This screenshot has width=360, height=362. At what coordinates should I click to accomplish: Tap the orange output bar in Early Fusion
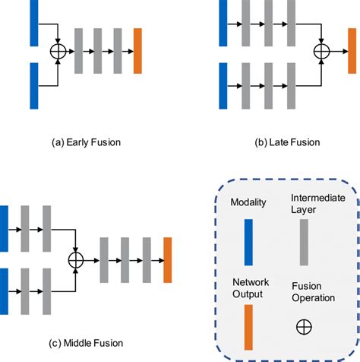coord(137,51)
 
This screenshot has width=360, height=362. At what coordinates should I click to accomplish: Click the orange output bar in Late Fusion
coord(352,51)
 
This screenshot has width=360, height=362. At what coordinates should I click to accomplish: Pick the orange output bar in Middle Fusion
coord(168,260)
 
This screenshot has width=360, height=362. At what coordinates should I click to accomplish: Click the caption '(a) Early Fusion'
coord(86,142)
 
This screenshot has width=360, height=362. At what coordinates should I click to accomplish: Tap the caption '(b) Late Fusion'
coord(287,142)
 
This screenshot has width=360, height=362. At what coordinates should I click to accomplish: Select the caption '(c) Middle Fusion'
coord(86,343)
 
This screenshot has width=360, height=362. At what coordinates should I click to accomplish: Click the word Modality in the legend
coord(248,202)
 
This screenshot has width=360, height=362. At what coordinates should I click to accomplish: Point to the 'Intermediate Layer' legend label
coord(318,204)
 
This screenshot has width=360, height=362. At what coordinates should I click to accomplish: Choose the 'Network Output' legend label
coord(251,288)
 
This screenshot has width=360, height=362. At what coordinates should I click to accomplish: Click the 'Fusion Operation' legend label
coord(313,292)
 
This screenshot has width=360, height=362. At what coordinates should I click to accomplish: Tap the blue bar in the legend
coord(248,243)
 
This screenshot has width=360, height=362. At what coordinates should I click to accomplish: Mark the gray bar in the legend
coord(304,243)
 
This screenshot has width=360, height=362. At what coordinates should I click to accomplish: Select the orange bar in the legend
coord(248,327)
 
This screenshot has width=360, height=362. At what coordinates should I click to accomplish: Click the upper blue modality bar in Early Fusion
coord(34,23)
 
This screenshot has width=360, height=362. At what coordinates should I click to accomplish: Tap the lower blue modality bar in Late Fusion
coord(223,86)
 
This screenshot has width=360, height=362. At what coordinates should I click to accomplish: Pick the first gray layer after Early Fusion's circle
coord(78,51)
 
